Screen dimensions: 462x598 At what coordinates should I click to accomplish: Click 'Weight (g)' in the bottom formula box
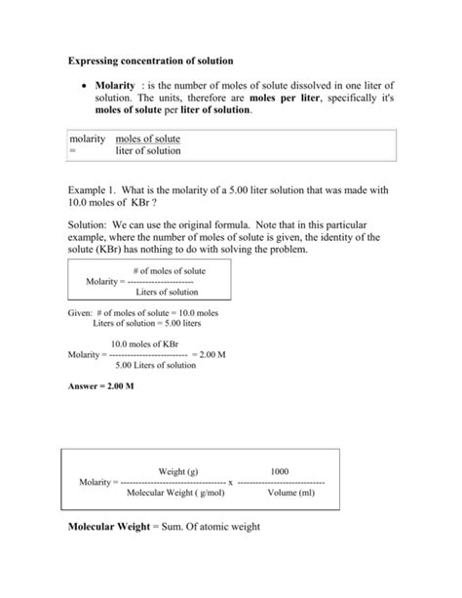click(x=178, y=470)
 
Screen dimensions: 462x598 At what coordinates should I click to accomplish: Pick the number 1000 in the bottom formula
click(x=280, y=470)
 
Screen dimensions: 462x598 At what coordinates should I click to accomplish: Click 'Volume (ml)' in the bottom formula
click(x=283, y=493)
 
